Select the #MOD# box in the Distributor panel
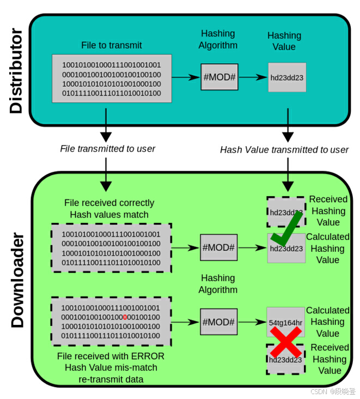tap(219, 77)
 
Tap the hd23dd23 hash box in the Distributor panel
tap(287, 77)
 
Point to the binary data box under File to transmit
tap(112, 78)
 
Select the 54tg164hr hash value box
tap(285, 322)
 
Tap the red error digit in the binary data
tap(125, 317)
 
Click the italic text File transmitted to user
tap(108, 149)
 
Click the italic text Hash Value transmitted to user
tap(284, 149)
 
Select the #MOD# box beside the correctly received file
tap(219, 247)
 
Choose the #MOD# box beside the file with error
tap(219, 322)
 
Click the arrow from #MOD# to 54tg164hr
tap(252, 322)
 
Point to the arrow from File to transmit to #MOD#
tap(186, 77)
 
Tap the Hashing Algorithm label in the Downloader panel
tap(218, 283)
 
